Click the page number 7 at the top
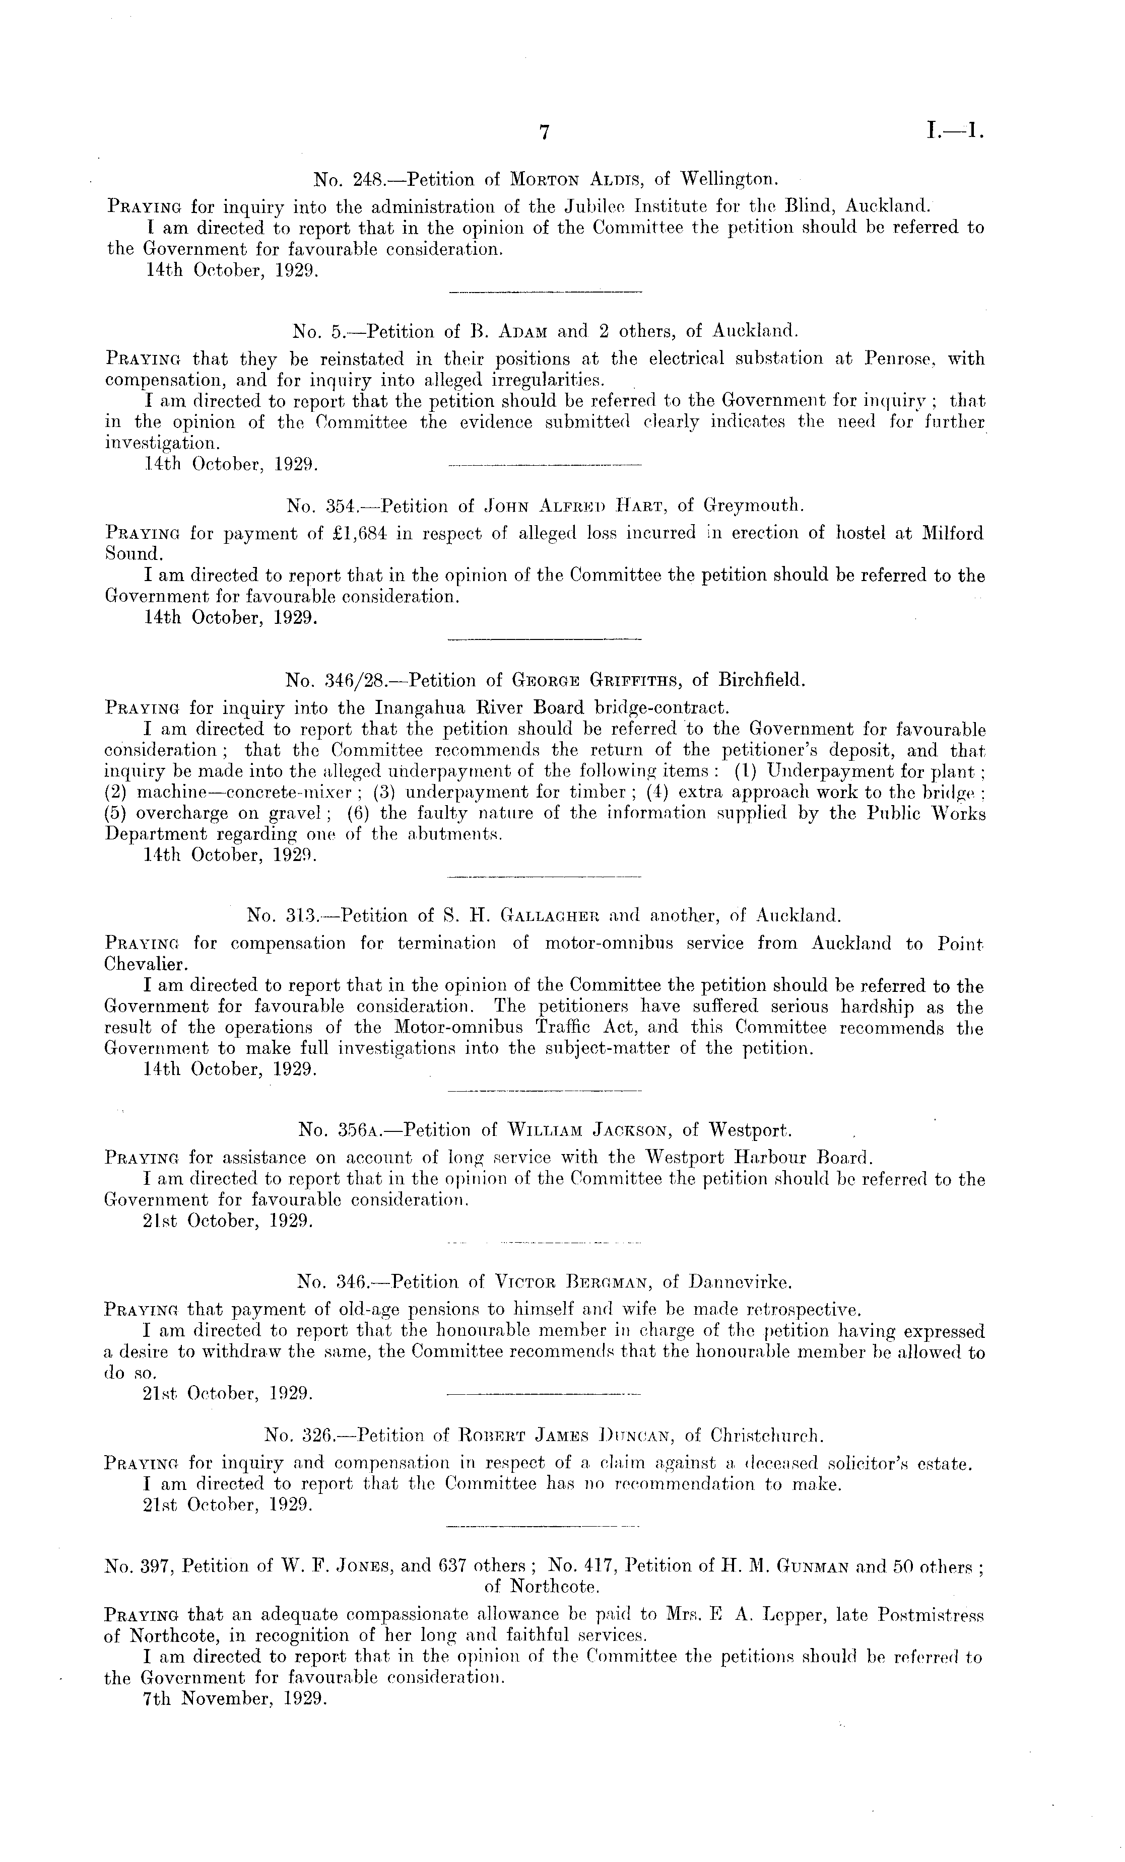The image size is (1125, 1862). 542,133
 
